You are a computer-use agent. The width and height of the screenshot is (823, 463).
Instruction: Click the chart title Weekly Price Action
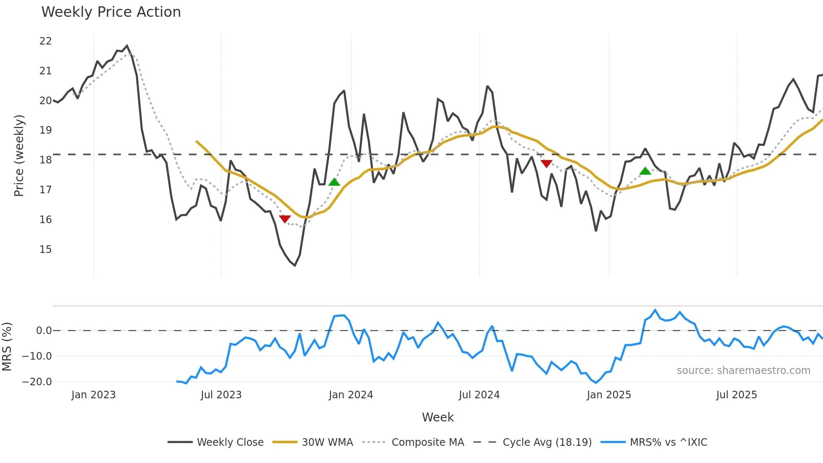pos(111,12)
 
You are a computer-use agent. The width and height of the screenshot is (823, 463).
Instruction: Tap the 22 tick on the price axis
pos(45,41)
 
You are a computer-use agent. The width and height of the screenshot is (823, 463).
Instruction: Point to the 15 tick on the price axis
pos(45,250)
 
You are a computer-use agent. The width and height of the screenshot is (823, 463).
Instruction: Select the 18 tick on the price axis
pos(45,160)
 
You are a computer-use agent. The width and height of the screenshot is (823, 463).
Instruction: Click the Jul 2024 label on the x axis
pos(479,395)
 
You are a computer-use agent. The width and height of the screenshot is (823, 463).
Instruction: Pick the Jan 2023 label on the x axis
pos(93,395)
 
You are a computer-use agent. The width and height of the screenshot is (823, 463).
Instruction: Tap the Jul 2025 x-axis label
pos(737,395)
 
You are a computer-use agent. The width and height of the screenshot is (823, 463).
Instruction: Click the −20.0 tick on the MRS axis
pos(37,382)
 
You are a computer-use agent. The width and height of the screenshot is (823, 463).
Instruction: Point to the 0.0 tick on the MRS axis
pos(44,331)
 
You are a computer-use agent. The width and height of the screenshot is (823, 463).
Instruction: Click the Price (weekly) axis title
pos(19,155)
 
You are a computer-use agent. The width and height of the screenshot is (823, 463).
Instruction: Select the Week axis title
pos(438,417)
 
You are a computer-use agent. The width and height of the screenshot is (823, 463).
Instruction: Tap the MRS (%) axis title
pos(7,347)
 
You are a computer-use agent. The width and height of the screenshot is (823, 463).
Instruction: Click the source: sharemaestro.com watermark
pos(743,371)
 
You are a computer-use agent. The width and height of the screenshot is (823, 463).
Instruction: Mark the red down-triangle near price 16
pos(285,219)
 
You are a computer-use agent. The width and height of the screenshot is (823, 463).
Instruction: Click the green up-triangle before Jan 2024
pos(334,182)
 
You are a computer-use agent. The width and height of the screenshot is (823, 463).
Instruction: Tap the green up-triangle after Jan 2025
pos(645,171)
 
